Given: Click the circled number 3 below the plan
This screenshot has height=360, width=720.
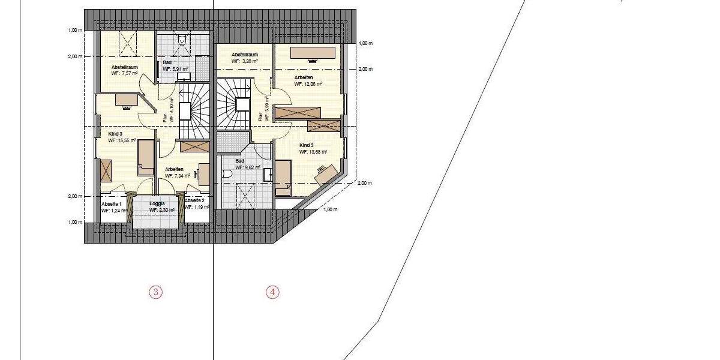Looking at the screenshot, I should pos(155,292).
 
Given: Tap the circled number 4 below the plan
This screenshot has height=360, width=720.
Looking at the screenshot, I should pos(272,292).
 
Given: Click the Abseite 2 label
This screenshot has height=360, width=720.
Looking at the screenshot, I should pos(197,200).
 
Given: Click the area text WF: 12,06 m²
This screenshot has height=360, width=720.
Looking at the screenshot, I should pos(308,85).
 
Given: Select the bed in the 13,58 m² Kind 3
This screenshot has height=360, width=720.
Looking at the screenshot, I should pos(281,178).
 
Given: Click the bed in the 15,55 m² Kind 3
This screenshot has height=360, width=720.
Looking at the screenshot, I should pos(146,157).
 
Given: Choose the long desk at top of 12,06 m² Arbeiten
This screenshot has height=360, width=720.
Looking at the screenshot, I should pos(313,53).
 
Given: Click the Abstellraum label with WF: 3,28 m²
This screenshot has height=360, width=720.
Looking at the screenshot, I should pos(245,54).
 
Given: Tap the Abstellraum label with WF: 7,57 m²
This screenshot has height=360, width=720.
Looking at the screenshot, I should pos(125,67).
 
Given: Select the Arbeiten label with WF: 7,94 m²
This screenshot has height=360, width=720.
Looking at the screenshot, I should pos(174,169).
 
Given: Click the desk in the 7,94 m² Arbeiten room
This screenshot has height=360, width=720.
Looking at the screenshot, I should pos(204,173).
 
